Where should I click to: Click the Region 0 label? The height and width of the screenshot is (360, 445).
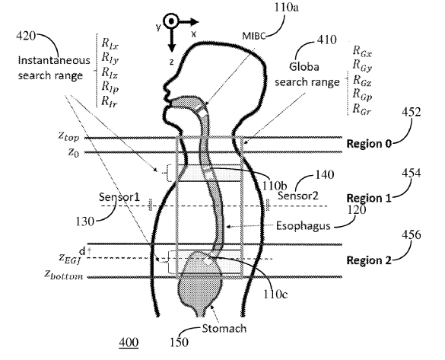click(369, 142)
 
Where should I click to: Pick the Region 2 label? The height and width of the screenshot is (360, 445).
click(369, 260)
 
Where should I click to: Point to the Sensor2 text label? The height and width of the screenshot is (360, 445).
click(295, 196)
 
